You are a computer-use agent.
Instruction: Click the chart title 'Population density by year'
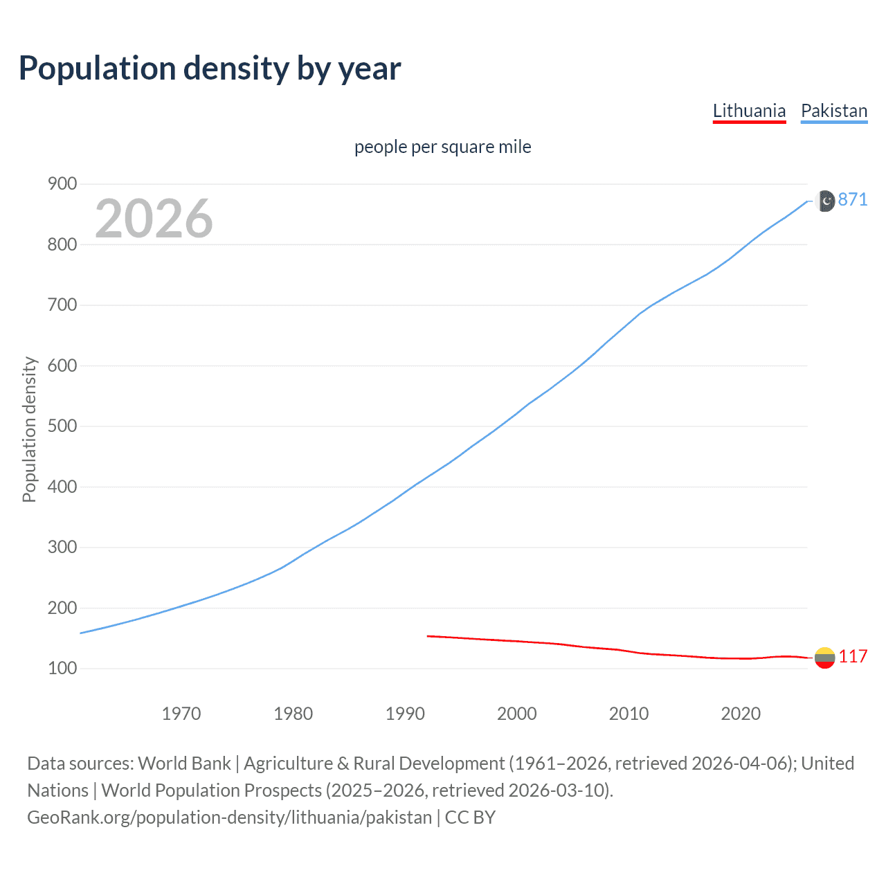click(x=210, y=69)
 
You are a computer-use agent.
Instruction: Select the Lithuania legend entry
click(x=749, y=111)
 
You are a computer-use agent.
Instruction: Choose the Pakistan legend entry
click(x=833, y=111)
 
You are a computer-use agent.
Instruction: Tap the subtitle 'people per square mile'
click(x=442, y=147)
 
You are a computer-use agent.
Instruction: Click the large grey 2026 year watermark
click(x=154, y=219)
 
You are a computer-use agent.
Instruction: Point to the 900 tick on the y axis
click(x=62, y=184)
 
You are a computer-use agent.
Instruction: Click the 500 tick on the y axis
click(x=62, y=426)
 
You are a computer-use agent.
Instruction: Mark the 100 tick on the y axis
click(x=62, y=669)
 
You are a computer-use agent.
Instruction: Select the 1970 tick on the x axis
click(x=181, y=714)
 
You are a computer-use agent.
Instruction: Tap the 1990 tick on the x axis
click(x=405, y=714)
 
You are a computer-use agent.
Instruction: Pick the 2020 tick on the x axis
click(x=741, y=714)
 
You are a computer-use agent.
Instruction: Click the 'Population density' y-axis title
click(x=29, y=429)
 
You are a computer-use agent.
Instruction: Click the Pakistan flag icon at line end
click(x=826, y=201)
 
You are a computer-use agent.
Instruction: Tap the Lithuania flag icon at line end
click(x=824, y=658)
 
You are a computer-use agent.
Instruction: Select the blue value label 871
click(x=853, y=200)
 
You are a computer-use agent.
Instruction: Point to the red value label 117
click(x=853, y=657)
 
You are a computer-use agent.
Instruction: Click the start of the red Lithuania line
click(x=428, y=635)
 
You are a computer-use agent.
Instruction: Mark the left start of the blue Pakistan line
click(x=82, y=633)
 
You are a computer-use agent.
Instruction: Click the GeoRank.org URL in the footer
click(x=229, y=817)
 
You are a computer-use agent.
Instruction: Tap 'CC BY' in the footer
click(x=470, y=817)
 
